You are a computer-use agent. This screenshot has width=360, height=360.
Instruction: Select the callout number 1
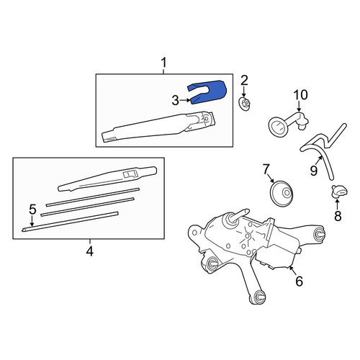tap(163, 63)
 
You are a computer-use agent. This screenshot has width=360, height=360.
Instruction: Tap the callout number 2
tap(244, 81)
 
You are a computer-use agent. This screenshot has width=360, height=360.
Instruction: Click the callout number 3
tap(176, 101)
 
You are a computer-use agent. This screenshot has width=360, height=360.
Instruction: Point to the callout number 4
tap(90, 251)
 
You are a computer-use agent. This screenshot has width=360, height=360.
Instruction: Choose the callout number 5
tap(32, 210)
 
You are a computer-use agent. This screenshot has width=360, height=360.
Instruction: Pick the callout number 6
tap(299, 281)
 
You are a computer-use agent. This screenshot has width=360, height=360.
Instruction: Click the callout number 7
tap(266, 170)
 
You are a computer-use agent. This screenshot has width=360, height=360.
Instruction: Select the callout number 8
tap(338, 215)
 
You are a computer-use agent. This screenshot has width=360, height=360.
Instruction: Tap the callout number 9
tap(314, 171)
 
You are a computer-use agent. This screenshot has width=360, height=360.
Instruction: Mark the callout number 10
tap(300, 94)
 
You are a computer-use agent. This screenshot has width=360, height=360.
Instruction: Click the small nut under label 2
tap(246, 104)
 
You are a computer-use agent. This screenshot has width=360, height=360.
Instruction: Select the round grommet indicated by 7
tap(282, 193)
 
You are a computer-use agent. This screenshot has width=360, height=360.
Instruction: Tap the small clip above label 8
tap(340, 192)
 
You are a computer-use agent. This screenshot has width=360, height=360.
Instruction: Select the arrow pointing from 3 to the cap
tap(185, 100)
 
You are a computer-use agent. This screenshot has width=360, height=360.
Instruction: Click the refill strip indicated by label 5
tap(70, 222)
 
